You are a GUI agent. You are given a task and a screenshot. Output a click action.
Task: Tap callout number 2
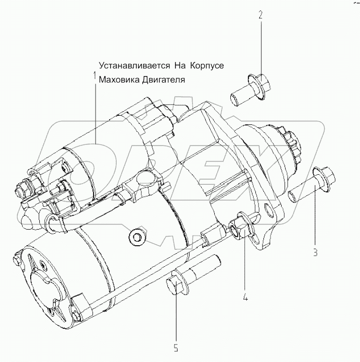(260, 15)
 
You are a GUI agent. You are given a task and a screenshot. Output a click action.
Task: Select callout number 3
(315, 253)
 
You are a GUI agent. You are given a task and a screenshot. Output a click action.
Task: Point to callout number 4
(245, 298)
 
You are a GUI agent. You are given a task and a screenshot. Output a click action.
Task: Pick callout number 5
(176, 347)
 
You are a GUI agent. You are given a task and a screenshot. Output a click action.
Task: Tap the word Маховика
(118, 80)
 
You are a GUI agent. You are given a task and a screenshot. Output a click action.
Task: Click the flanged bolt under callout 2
(246, 89)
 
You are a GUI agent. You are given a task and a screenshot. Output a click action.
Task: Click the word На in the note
(180, 65)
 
